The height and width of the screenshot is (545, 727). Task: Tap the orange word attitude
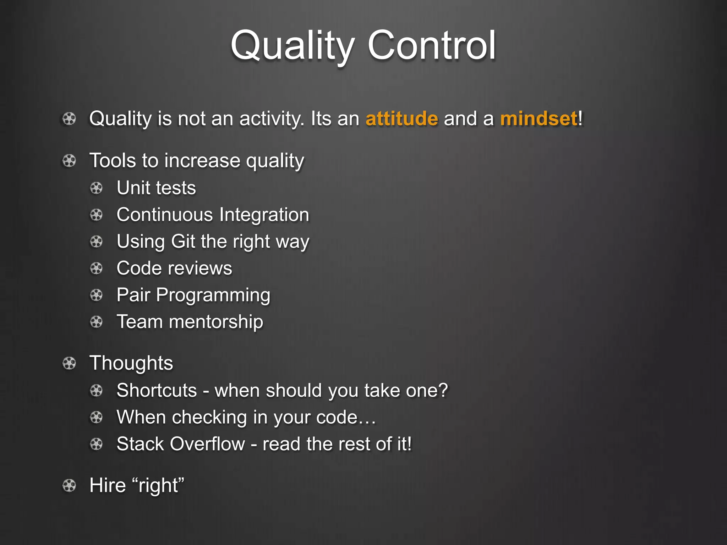pyautogui.click(x=401, y=119)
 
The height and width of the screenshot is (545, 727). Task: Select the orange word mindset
pyautogui.click(x=539, y=119)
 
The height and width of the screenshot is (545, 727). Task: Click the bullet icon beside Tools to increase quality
pyautogui.click(x=69, y=161)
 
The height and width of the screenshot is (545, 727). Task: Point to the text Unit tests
pyautogui.click(x=156, y=188)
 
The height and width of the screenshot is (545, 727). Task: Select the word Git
pyautogui.click(x=183, y=242)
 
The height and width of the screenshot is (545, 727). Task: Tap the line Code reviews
pyautogui.click(x=174, y=268)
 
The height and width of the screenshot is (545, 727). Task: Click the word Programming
pyautogui.click(x=213, y=296)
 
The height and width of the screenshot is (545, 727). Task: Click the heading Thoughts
pyautogui.click(x=131, y=363)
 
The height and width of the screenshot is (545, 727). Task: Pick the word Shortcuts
pyautogui.click(x=157, y=390)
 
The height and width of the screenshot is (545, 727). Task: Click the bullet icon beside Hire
pyautogui.click(x=69, y=485)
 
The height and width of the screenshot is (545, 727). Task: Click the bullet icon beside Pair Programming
pyautogui.click(x=96, y=295)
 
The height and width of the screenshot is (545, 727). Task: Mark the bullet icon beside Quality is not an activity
pyautogui.click(x=69, y=119)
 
